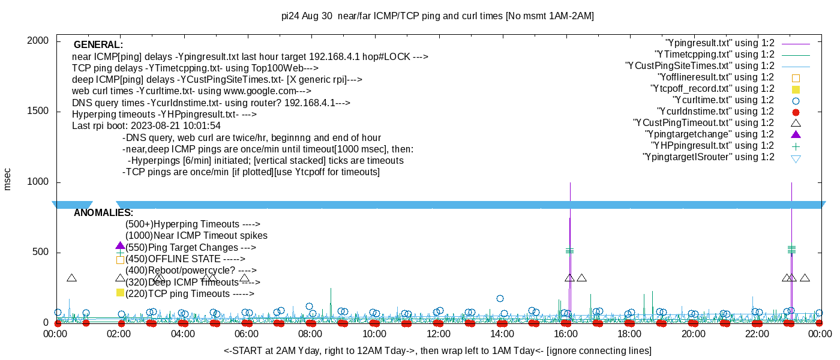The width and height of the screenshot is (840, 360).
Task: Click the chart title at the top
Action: click(x=437, y=16)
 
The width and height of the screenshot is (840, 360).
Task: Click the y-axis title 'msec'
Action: click(x=7, y=179)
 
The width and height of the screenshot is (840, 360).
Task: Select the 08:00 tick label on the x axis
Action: click(x=310, y=334)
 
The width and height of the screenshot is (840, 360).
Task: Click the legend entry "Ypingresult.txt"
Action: click(x=719, y=43)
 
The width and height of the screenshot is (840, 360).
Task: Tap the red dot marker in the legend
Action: click(x=796, y=112)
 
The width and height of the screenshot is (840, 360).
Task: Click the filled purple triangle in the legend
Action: click(x=796, y=134)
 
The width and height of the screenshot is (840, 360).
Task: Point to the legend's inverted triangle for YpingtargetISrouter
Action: click(x=796, y=158)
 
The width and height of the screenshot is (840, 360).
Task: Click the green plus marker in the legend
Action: click(x=796, y=146)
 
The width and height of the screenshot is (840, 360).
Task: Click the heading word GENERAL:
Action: click(x=98, y=45)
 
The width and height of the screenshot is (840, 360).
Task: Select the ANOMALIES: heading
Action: click(x=103, y=213)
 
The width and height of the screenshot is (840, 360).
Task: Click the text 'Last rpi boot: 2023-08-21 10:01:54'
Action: click(x=146, y=126)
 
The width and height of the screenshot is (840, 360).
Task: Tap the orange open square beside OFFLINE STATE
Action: click(x=120, y=260)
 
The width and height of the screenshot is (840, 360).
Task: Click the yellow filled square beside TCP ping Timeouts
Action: click(x=120, y=293)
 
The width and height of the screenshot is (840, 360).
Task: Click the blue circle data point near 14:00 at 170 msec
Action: click(x=500, y=298)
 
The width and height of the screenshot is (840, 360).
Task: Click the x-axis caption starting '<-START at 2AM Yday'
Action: click(x=437, y=350)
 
